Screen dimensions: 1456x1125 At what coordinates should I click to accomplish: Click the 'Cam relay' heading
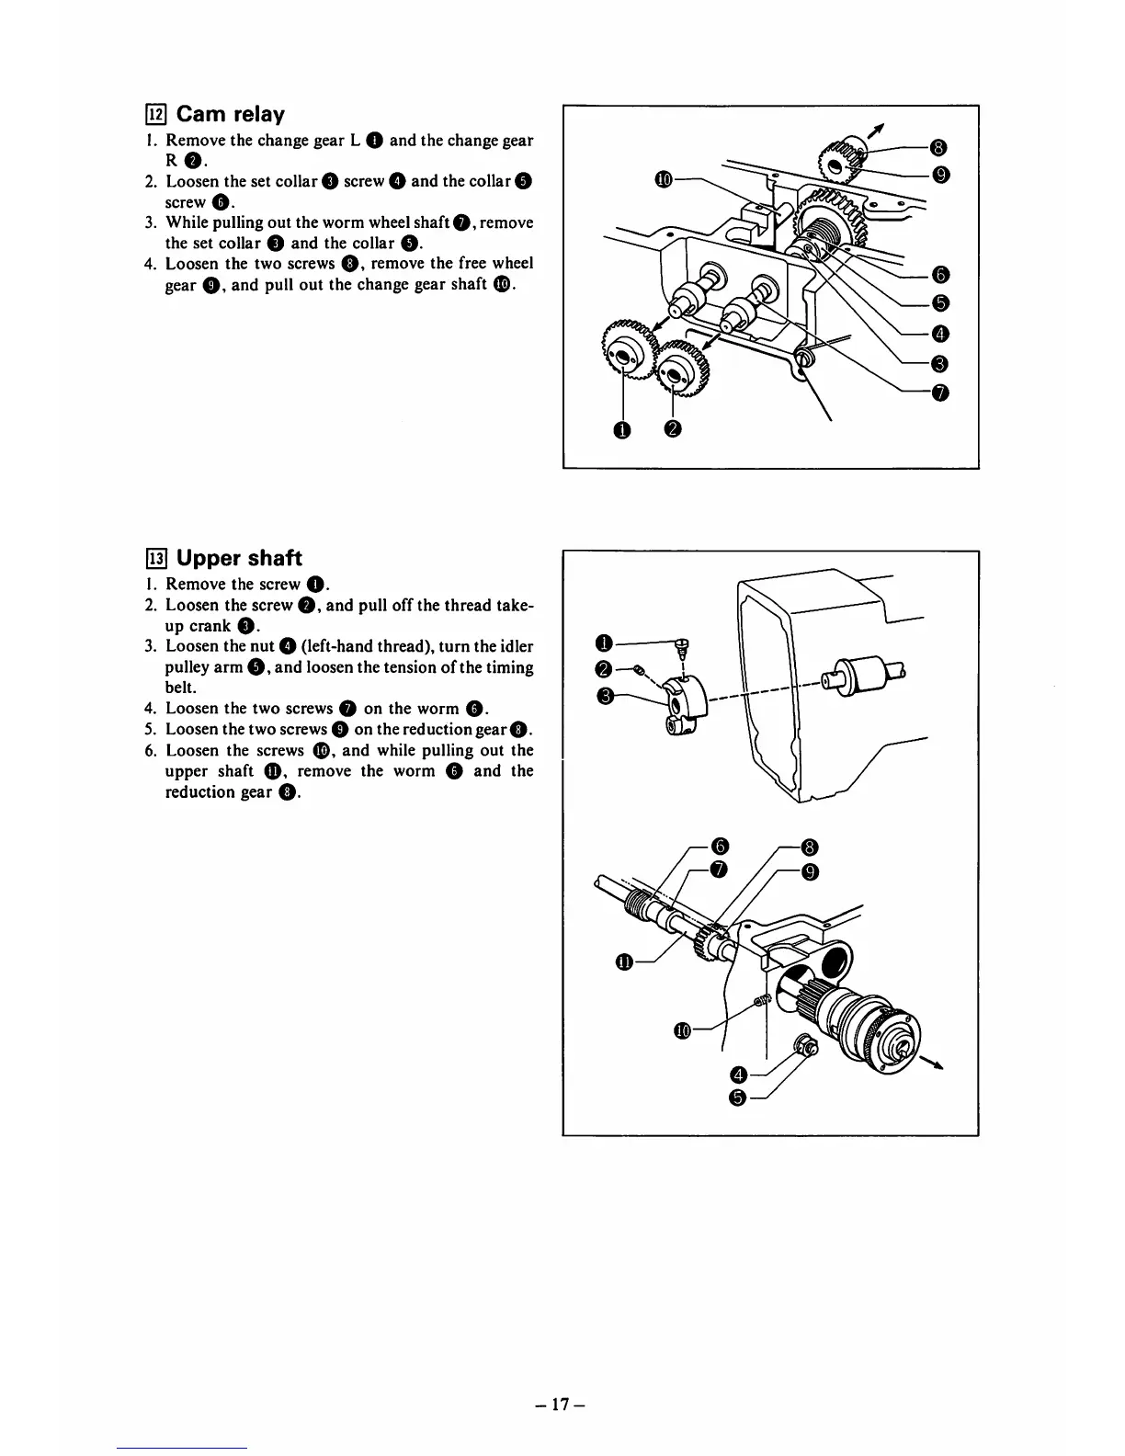230,114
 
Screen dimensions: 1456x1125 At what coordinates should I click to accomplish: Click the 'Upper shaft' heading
239,558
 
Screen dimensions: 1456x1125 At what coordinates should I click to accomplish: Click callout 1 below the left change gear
624,429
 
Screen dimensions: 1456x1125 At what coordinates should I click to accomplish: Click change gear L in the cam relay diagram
626,350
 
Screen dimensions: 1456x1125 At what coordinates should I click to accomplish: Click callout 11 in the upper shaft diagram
625,962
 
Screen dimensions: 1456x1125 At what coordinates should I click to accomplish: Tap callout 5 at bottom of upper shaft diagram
738,1097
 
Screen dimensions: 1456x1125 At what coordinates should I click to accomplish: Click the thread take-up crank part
681,703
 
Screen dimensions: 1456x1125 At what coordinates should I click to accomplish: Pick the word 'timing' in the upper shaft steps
512,667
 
